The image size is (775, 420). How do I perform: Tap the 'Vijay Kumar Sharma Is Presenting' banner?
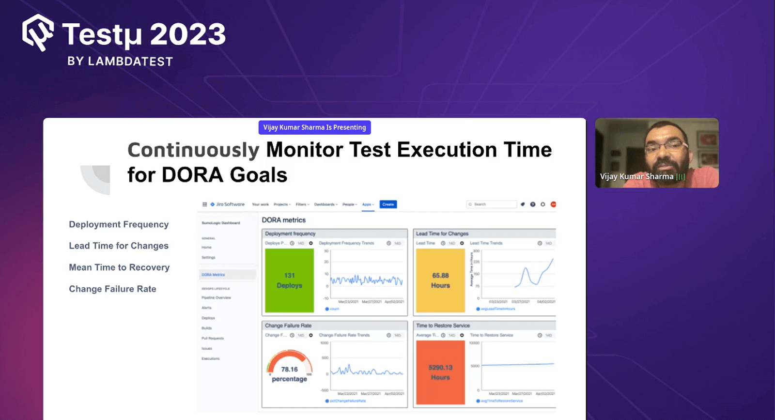pos(314,127)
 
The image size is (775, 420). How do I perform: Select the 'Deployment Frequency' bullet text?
pos(119,224)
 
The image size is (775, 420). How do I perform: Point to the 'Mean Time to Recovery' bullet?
pos(119,267)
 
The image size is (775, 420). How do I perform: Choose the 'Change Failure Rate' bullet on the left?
pos(112,289)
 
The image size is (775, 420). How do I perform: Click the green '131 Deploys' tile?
pos(289,280)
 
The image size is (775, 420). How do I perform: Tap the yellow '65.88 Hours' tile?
pos(440,280)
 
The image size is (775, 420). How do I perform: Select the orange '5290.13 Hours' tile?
pos(440,373)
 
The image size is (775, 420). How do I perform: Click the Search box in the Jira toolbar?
pos(491,204)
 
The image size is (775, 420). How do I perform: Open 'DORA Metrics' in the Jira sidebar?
pos(213,275)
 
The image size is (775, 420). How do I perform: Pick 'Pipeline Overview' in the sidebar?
pos(216,297)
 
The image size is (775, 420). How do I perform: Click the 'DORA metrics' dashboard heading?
pos(284,220)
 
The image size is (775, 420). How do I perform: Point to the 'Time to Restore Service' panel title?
pos(443,326)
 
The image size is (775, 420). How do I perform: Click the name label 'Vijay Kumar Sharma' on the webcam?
pos(636,177)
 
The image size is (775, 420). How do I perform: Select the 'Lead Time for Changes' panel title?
pos(442,233)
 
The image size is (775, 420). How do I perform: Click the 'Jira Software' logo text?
pos(230,204)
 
